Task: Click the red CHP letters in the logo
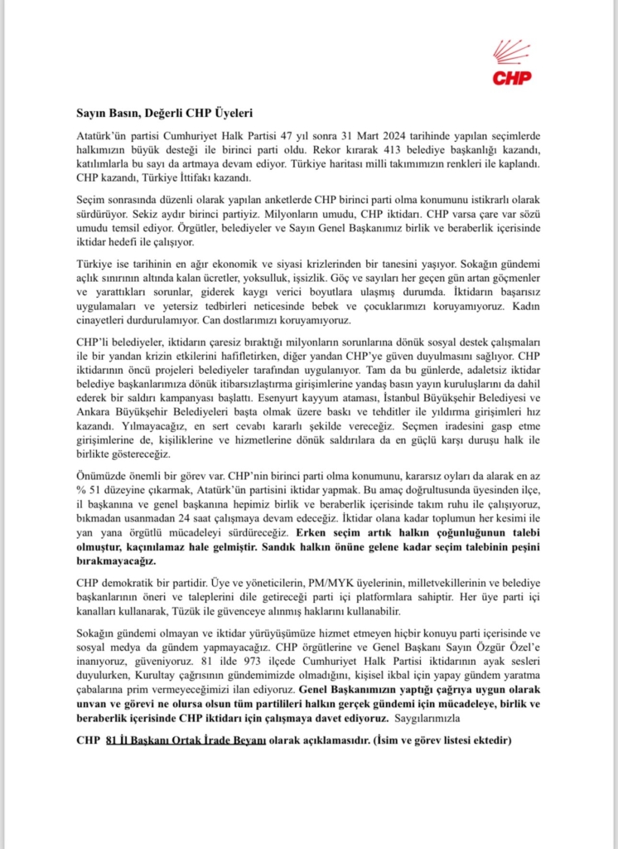click(512, 78)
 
